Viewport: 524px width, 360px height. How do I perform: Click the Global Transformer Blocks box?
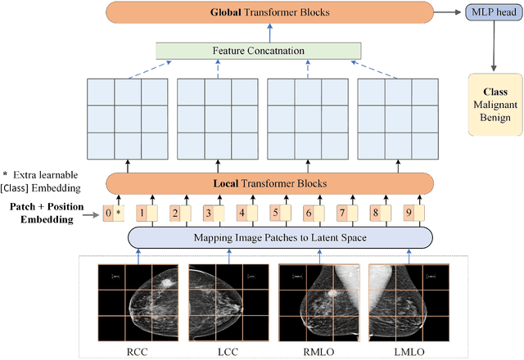(x=273, y=14)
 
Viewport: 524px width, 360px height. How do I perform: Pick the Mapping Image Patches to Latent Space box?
(x=280, y=238)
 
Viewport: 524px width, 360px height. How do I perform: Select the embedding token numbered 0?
(x=108, y=214)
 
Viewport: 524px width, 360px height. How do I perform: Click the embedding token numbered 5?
(x=275, y=214)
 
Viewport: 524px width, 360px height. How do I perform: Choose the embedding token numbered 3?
(x=208, y=214)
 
